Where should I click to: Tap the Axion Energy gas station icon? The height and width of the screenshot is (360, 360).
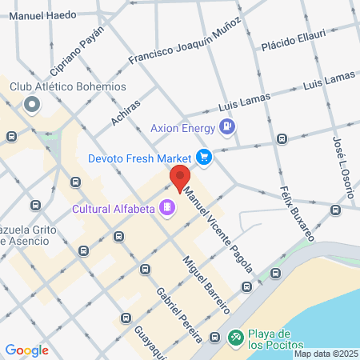point(228,126)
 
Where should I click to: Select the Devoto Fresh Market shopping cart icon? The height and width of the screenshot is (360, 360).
point(204,157)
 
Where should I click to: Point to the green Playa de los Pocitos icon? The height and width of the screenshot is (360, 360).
point(236,338)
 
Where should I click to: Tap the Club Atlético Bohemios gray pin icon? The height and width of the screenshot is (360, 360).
point(32,105)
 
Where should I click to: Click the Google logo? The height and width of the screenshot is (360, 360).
point(27,350)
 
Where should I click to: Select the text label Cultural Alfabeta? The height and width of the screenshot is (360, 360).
point(114,210)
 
